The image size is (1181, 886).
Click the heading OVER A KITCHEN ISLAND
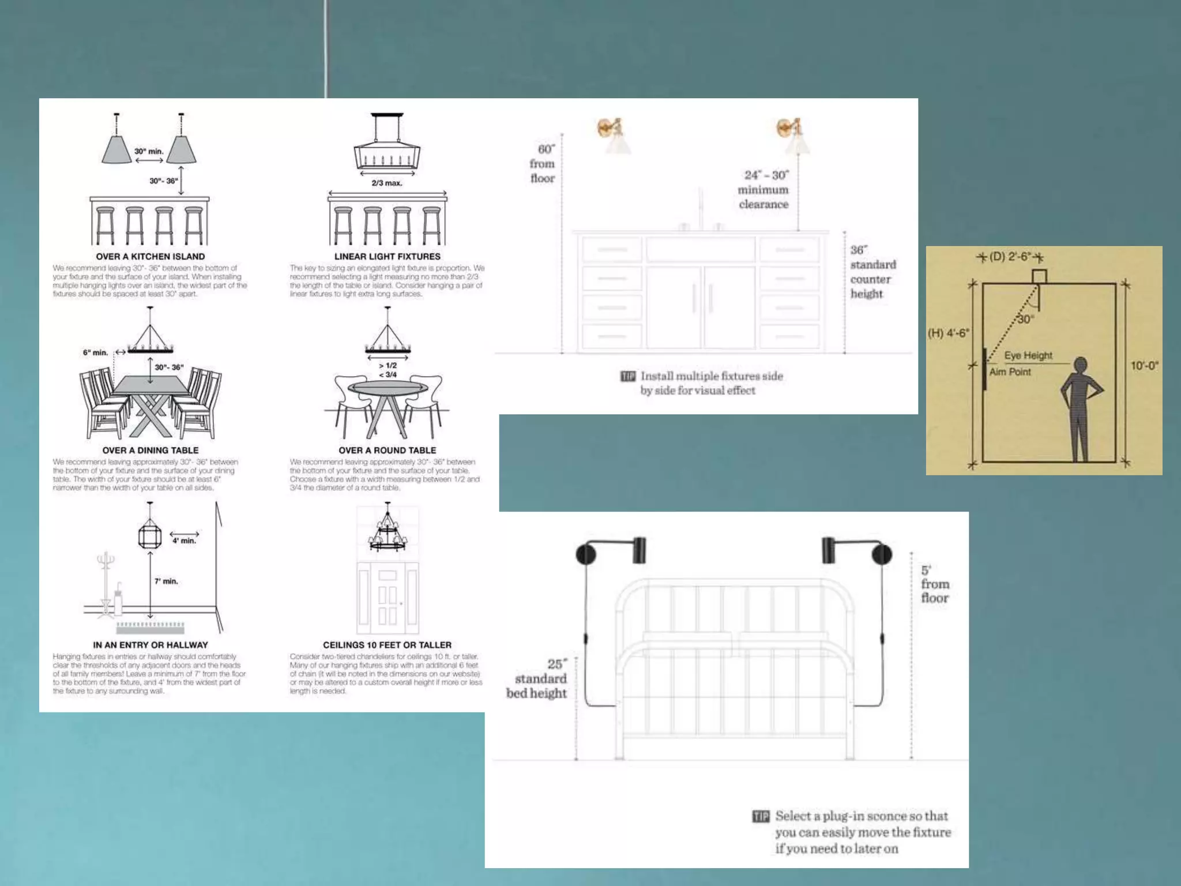pyautogui.click(x=151, y=257)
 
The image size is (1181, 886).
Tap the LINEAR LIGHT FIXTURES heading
pyautogui.click(x=388, y=257)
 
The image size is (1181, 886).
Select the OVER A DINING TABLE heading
pyautogui.click(x=151, y=450)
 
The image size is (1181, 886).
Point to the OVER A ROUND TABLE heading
pyautogui.click(x=388, y=450)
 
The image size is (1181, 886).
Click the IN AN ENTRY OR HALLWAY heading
pyautogui.click(x=151, y=645)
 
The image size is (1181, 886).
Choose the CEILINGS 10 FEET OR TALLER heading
pyautogui.click(x=388, y=645)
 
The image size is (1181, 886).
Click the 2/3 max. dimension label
pyautogui.click(x=387, y=183)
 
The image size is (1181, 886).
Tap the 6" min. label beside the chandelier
pyautogui.click(x=95, y=352)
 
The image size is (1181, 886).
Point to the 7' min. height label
pyautogui.click(x=166, y=581)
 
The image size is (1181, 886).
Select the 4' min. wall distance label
pyautogui.click(x=185, y=541)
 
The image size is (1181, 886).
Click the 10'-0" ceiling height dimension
pyautogui.click(x=1144, y=366)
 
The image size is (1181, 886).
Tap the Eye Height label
pyautogui.click(x=1028, y=355)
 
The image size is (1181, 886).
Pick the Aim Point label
pyautogui.click(x=1010, y=372)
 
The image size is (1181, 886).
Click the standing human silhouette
pyautogui.click(x=1080, y=407)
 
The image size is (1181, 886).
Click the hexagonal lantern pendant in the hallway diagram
pyautogui.click(x=150, y=535)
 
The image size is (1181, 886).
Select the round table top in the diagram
pyautogui.click(x=388, y=387)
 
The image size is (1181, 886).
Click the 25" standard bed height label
pyautogui.click(x=537, y=679)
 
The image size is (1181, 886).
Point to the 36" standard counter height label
pyautogui.click(x=872, y=272)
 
